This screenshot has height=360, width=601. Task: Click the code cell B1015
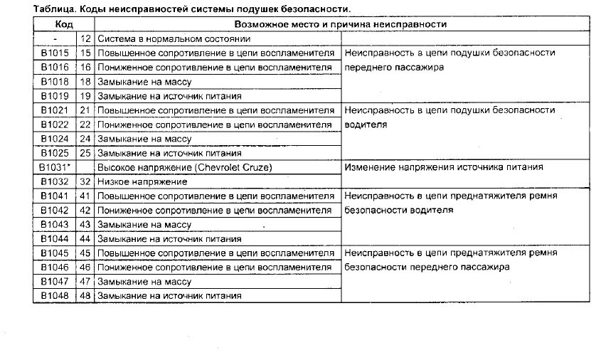(54, 53)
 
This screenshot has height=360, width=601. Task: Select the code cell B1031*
(55, 167)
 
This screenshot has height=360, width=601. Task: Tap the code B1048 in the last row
(54, 295)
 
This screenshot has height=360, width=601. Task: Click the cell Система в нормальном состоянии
(162, 38)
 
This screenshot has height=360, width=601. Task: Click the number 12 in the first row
(86, 38)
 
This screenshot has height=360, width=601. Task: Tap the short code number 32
(86, 181)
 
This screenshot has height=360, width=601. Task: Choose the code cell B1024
(54, 139)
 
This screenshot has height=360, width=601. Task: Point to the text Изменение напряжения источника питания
(444, 167)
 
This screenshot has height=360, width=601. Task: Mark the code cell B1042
(54, 210)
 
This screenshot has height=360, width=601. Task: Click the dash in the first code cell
(55, 38)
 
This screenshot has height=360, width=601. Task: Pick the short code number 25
(86, 153)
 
